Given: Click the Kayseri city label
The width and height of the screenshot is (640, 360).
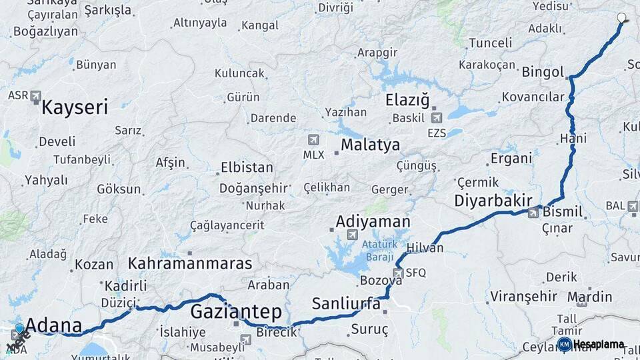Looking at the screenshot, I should click(74, 107).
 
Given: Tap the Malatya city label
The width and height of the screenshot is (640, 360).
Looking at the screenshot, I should click(370, 145).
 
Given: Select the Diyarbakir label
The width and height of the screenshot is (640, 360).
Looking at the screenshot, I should click(493, 201).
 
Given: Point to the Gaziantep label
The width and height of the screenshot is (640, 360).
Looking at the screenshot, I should click(236, 311).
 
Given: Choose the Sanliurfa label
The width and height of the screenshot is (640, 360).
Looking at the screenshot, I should click(346, 304).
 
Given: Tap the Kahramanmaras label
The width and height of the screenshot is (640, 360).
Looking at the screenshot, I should click(190, 263).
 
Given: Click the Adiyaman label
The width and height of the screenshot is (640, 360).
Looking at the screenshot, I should click(373, 221).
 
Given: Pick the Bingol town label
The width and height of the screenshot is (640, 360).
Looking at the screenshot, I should click(543, 72).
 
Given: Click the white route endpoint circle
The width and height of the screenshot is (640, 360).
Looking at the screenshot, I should click(622, 18).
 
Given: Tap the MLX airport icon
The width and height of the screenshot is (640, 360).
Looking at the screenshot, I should click(313, 140).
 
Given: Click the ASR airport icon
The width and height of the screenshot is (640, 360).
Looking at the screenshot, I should click(35, 95).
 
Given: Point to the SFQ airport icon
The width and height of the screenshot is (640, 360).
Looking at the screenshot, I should click(398, 273).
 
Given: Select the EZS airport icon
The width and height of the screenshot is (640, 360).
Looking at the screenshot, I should click(437, 118).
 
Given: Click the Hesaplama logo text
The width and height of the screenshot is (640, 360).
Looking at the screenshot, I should click(598, 345).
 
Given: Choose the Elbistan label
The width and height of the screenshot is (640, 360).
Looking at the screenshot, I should click(246, 167).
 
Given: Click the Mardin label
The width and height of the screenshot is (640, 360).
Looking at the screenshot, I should click(589, 296).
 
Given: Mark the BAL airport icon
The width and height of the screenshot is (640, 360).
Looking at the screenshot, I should click(632, 206).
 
